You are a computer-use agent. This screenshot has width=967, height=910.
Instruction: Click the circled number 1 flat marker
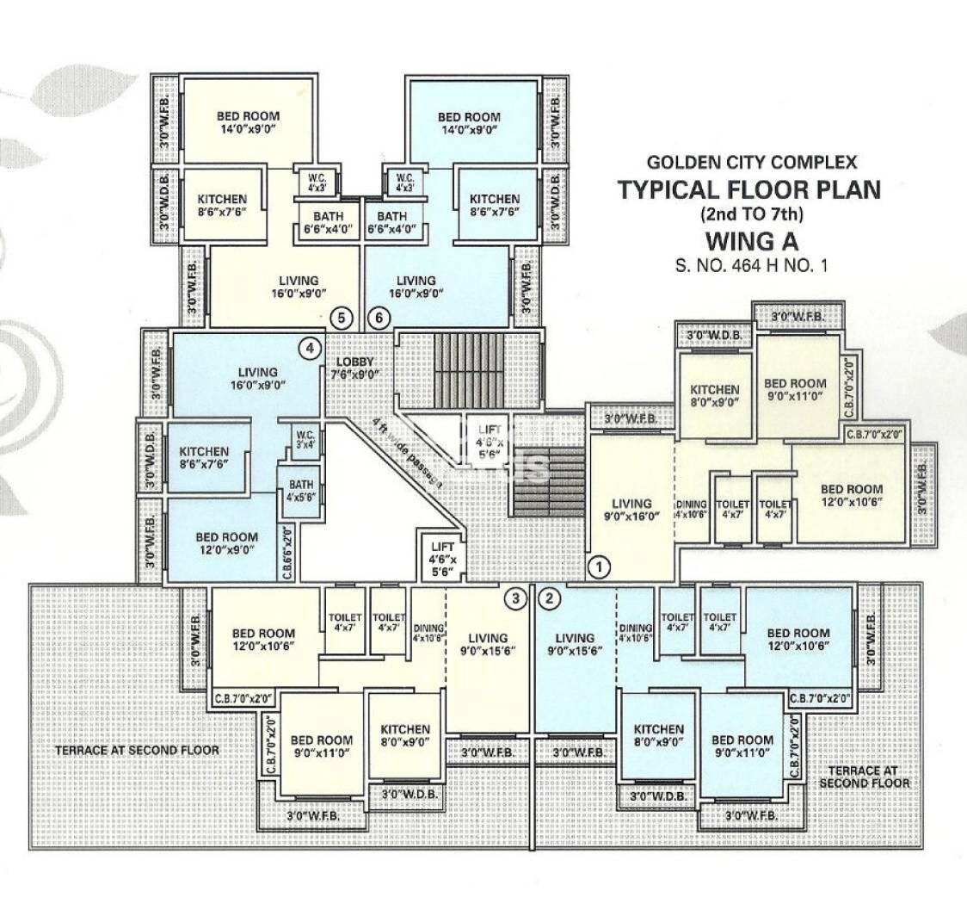pos(599,566)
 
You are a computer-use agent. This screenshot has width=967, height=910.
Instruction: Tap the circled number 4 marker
pos(310,349)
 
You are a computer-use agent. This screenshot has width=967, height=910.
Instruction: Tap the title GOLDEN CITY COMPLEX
pos(751,161)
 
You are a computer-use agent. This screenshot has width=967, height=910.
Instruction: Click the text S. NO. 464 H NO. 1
pos(751,266)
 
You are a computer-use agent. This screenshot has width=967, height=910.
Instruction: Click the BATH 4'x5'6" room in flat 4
pos(299,491)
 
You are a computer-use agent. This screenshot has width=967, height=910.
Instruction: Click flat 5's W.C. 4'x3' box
pos(311,182)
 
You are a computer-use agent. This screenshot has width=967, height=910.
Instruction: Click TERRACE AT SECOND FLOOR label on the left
pos(137,750)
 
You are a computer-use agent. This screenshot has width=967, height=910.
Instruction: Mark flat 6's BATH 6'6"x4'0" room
pos(392,223)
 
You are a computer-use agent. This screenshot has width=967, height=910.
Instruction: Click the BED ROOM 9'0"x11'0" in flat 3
pos(321,746)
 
